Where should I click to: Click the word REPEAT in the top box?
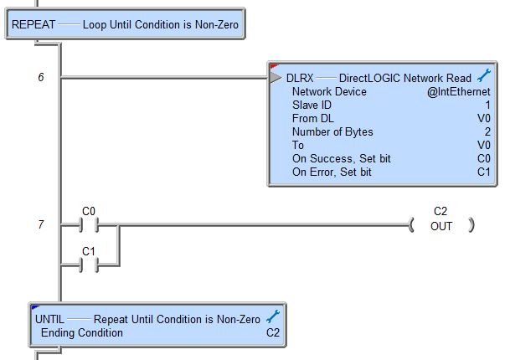[x=33, y=25]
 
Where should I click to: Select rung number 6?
[x=41, y=77]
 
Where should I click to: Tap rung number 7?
[x=41, y=224]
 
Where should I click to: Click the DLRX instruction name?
[x=300, y=78]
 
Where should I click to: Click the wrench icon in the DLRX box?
[x=484, y=75]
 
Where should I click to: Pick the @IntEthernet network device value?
[x=459, y=92]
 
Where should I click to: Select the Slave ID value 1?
[x=487, y=105]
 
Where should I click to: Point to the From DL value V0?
[x=484, y=119]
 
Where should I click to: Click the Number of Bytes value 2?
[x=487, y=131]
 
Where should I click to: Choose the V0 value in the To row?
[x=484, y=145]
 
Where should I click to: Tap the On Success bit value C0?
[x=484, y=158]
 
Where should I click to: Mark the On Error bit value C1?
[x=484, y=172]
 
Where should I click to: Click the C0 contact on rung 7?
[x=89, y=224]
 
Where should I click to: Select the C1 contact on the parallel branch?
[x=89, y=265]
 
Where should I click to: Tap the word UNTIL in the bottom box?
[x=49, y=320]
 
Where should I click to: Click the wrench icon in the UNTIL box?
[x=273, y=316]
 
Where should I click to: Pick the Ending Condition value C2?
[x=273, y=333]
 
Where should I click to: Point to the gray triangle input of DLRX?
[x=276, y=78]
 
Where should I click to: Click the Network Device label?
[x=329, y=92]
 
